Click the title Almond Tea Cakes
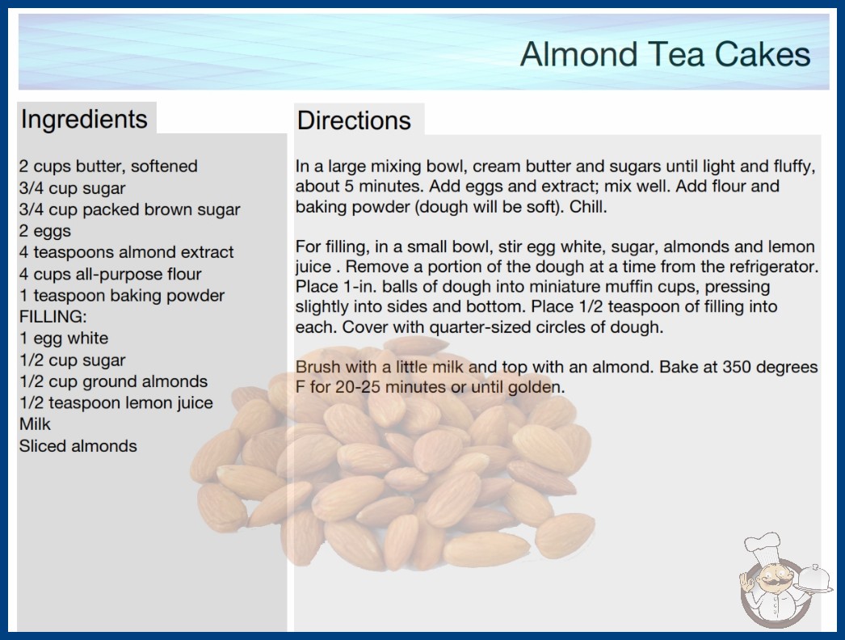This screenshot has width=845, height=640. click(665, 54)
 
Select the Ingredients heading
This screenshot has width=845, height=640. click(84, 119)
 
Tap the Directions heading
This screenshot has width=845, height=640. click(354, 120)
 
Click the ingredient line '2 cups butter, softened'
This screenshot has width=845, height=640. click(108, 166)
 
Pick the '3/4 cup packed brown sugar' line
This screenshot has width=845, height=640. click(129, 209)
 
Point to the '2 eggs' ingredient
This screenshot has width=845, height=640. click(44, 231)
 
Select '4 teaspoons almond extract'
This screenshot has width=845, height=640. click(126, 252)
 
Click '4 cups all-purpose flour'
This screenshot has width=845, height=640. click(110, 274)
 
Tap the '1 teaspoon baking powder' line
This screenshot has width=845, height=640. click(122, 296)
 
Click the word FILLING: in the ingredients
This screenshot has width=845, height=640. click(53, 317)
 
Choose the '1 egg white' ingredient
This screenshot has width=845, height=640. click(64, 338)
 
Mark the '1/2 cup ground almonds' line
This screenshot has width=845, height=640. click(113, 381)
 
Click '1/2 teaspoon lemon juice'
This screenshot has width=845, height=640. click(116, 402)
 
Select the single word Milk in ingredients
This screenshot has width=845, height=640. click(35, 424)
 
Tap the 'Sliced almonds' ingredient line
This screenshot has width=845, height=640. click(78, 446)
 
